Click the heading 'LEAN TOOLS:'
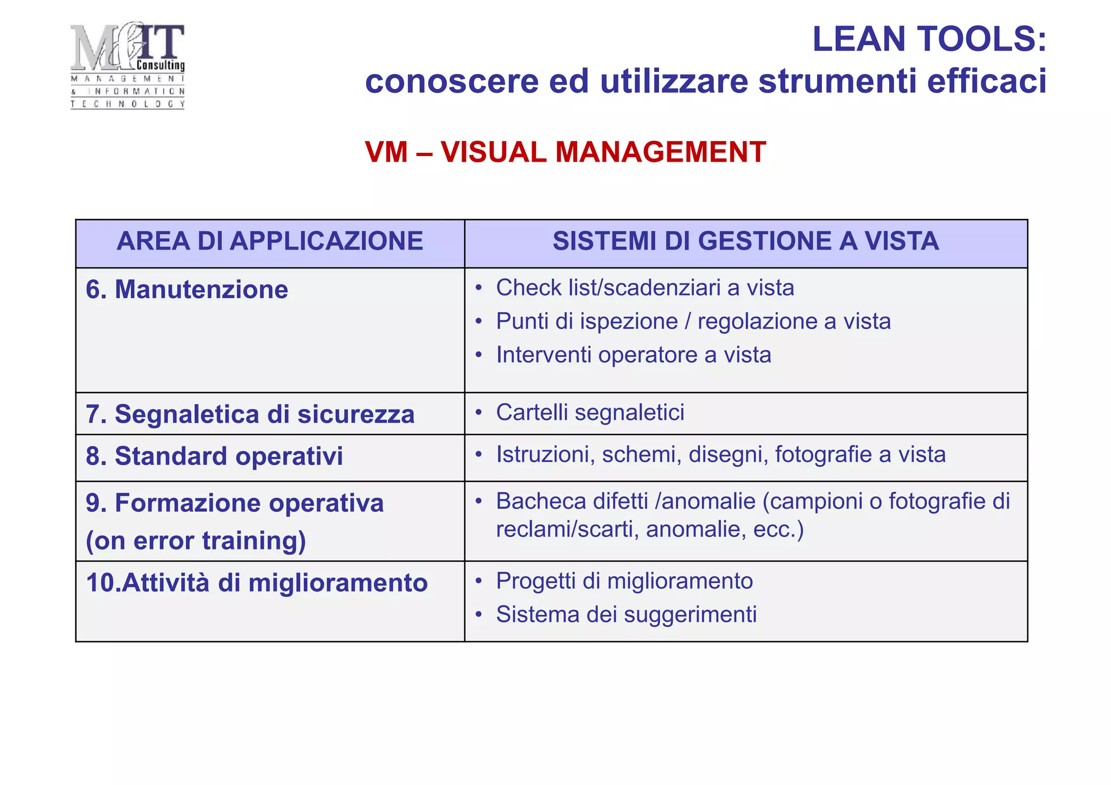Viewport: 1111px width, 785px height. pyautogui.click(x=929, y=39)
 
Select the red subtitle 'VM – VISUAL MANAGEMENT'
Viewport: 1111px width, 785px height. pyautogui.click(x=565, y=152)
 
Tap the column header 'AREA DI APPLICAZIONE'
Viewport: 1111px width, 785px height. pyautogui.click(x=270, y=241)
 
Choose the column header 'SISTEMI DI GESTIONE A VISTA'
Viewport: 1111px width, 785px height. pyautogui.click(x=745, y=241)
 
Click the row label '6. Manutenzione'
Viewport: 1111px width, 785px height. pyautogui.click(x=187, y=289)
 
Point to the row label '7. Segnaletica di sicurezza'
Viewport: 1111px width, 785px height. pyautogui.click(x=250, y=414)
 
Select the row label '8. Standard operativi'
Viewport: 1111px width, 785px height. pyautogui.click(x=214, y=456)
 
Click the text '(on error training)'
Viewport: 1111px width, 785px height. pyautogui.click(x=196, y=541)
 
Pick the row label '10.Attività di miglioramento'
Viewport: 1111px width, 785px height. pyautogui.click(x=257, y=583)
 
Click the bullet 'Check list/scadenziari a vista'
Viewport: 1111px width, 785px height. pyautogui.click(x=644, y=288)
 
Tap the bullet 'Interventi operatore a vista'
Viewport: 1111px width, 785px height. pyautogui.click(x=633, y=355)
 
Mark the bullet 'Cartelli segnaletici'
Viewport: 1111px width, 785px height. pyautogui.click(x=590, y=413)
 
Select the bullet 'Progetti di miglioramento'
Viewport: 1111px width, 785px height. pyautogui.click(x=624, y=581)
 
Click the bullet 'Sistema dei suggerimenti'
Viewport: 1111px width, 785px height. pyautogui.click(x=626, y=615)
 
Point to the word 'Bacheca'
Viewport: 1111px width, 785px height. pyautogui.click(x=541, y=501)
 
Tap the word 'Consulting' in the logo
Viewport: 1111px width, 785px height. pyautogui.click(x=161, y=66)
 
